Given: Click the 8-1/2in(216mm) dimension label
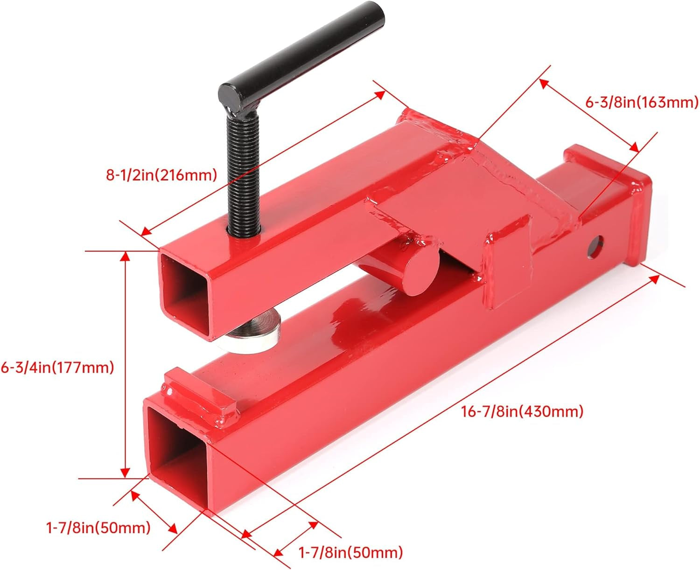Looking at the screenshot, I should point(161,175).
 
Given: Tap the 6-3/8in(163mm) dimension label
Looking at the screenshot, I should point(642,102).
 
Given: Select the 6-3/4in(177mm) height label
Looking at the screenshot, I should point(57,368).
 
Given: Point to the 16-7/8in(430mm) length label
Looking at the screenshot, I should point(522,411).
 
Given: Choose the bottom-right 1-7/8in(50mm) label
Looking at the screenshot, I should point(350,553).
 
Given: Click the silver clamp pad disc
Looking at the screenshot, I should point(254,332).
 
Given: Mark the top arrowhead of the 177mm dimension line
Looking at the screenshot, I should point(125,256).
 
